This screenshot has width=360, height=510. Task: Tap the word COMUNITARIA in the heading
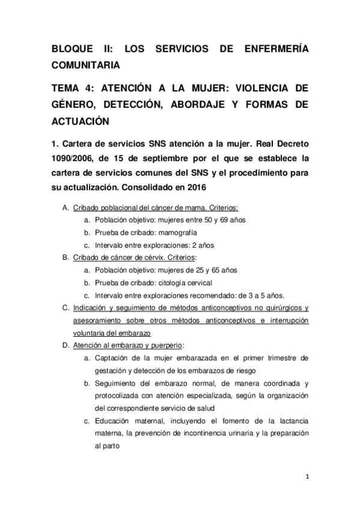(88, 64)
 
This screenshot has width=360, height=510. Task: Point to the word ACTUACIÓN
(81, 120)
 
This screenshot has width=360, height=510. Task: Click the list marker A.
(65, 208)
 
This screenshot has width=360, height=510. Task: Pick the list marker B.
(65, 257)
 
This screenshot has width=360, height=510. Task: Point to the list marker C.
(65, 307)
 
